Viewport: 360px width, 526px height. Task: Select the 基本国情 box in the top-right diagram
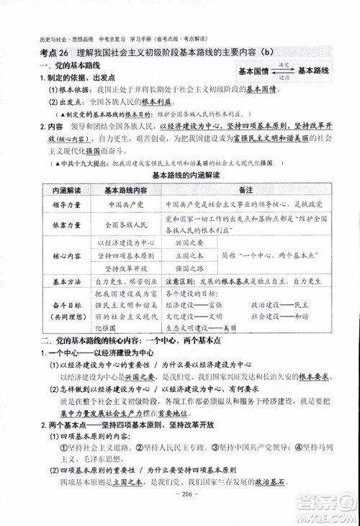(259, 70)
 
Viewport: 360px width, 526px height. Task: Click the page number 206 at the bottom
(180, 507)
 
